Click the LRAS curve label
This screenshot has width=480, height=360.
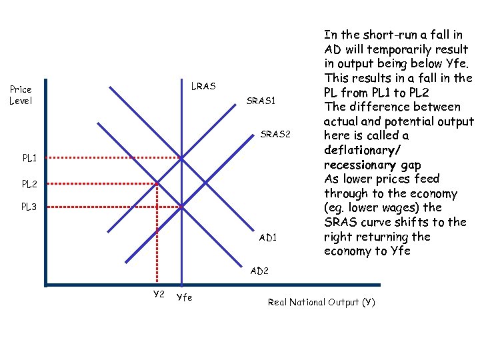tap(203, 86)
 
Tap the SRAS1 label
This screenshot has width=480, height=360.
tap(261, 101)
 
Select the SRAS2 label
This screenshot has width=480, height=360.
tap(276, 134)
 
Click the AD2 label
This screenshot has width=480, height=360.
tap(259, 271)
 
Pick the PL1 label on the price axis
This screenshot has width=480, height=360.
tap(29, 158)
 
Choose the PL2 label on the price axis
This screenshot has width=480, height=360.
tap(29, 183)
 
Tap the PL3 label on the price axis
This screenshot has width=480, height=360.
tap(29, 207)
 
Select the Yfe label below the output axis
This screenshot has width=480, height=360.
tap(184, 297)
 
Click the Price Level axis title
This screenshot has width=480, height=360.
tap(21, 95)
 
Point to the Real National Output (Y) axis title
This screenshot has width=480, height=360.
tap(321, 302)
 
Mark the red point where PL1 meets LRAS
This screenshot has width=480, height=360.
tap(181, 158)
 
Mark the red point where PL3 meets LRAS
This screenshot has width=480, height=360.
tap(181, 207)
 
